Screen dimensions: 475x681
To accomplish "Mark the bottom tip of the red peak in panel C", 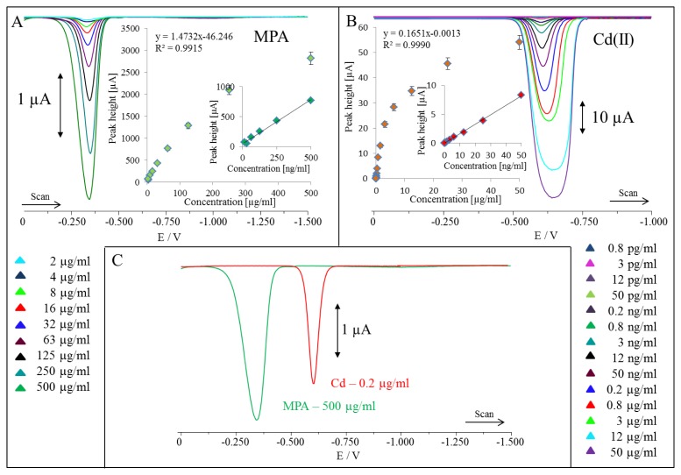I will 313,383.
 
